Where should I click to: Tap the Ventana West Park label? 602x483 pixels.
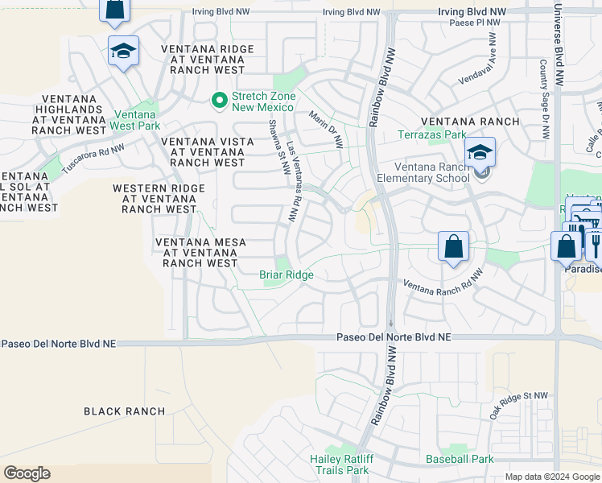coord(136,120)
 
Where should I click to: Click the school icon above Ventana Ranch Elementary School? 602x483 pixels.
coord(480,152)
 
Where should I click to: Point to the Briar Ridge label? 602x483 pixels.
coord(286,275)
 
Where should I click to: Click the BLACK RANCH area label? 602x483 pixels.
coord(125,411)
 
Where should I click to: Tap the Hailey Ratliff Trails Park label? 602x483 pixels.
coord(339,464)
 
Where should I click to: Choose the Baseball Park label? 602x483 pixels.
coord(460,460)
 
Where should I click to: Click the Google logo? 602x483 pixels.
coord(27,473)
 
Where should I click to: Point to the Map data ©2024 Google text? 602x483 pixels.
coord(551,477)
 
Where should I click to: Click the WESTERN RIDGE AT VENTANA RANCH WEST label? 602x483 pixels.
coord(159,199)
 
